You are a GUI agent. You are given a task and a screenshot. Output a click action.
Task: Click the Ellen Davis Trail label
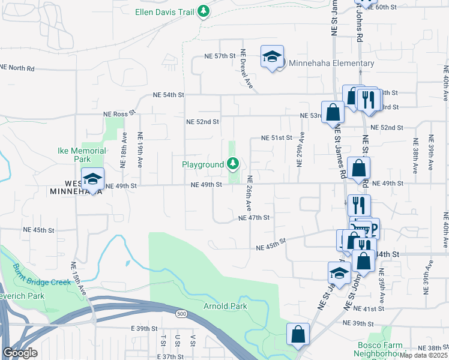(x=164, y=11)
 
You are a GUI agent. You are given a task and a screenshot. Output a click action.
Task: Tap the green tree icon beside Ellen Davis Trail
(x=203, y=11)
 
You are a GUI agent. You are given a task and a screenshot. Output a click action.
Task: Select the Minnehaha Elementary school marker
(x=272, y=58)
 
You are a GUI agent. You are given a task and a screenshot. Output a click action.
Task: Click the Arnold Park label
(x=226, y=306)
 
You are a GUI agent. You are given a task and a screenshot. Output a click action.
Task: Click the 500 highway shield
(x=181, y=313)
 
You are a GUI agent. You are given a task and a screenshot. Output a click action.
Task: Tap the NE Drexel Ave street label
(x=247, y=71)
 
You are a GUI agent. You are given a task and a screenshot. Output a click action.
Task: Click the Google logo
(x=20, y=353)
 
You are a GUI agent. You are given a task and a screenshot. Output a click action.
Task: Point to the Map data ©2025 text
(x=424, y=355)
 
